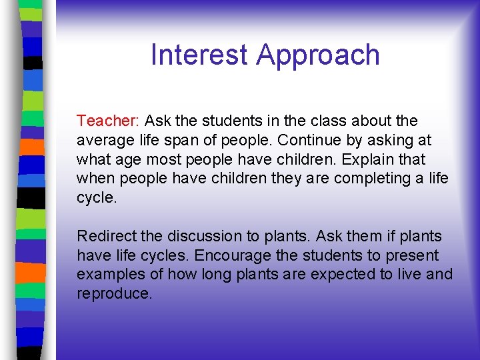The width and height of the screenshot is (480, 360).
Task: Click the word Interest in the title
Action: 199,55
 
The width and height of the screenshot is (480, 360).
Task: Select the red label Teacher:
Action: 107,121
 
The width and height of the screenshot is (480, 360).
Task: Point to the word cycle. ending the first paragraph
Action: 97,198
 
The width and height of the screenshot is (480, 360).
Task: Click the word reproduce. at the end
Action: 115,294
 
